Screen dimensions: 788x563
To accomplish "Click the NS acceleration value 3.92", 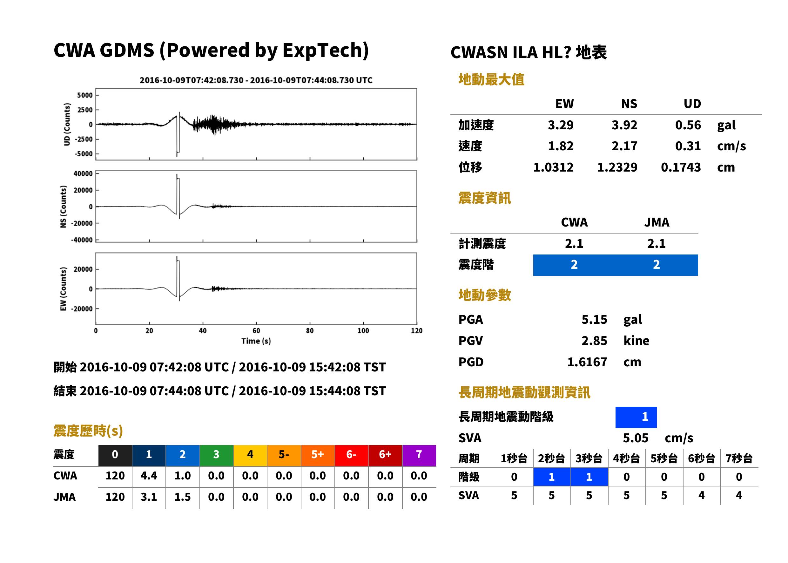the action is [x=624, y=125].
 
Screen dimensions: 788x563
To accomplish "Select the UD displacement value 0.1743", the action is [x=681, y=167].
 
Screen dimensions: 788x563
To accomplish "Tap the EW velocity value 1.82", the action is [x=560, y=146].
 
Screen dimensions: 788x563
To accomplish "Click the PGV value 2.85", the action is [x=594, y=341].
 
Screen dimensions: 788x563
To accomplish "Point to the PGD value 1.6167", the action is [x=587, y=362].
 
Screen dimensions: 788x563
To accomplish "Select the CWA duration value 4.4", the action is [x=149, y=476].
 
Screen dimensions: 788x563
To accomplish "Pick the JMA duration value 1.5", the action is [x=183, y=497].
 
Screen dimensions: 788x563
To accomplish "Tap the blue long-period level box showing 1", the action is [x=636, y=417].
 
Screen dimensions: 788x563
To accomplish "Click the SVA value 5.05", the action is [x=636, y=438].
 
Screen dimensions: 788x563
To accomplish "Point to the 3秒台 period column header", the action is [x=589, y=459].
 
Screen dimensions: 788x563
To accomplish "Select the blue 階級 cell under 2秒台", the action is [x=552, y=477].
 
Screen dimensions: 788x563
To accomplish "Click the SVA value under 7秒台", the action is [x=739, y=496].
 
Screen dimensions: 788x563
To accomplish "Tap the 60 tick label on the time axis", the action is [x=256, y=331].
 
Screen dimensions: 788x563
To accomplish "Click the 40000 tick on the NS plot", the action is [x=83, y=174].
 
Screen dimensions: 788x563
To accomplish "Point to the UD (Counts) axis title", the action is [x=67, y=125].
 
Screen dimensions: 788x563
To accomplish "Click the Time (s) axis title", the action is [x=256, y=341].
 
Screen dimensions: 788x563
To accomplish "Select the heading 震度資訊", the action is [x=484, y=198].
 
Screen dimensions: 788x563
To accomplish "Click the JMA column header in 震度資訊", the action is [x=657, y=222].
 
